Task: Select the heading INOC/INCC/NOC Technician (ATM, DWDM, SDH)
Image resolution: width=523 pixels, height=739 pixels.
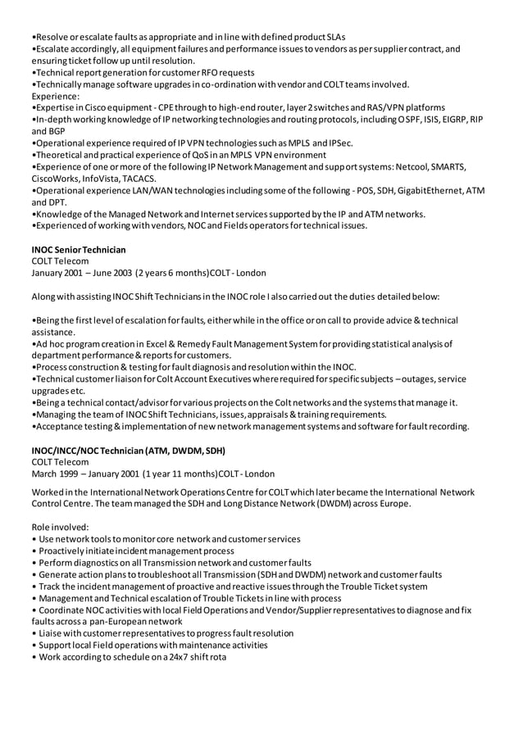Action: tap(129, 451)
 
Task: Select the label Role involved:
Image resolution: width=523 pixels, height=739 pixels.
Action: tap(60, 527)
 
